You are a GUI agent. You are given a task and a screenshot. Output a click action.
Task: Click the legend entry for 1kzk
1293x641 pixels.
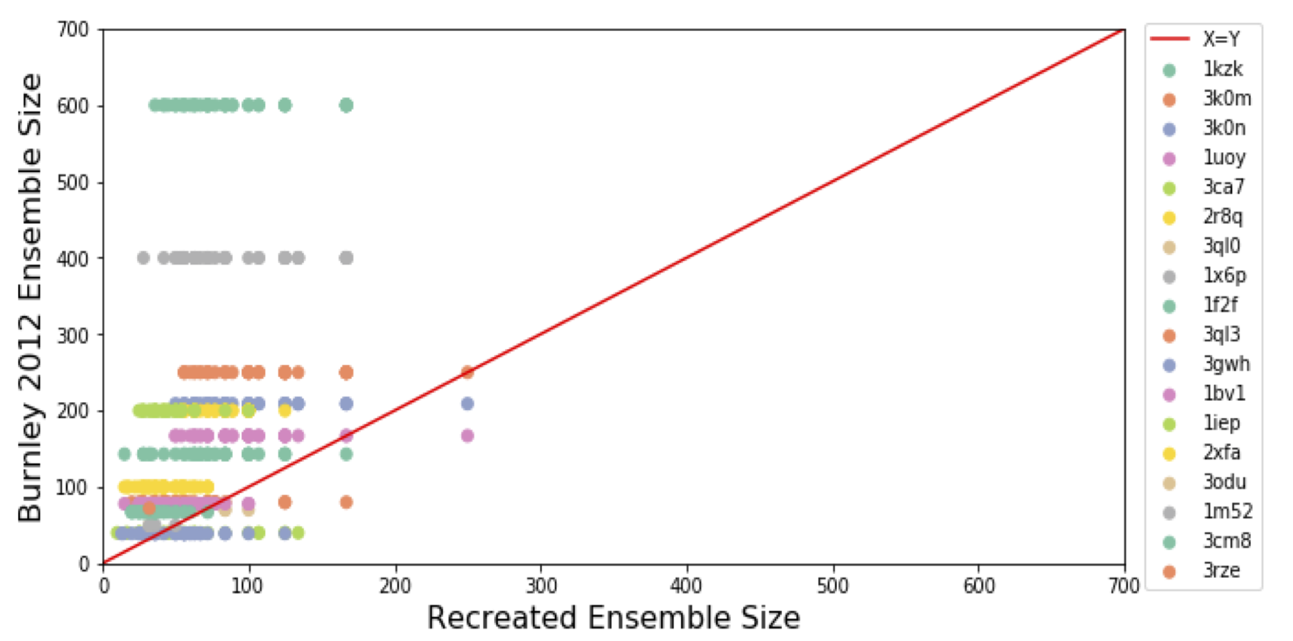1222,69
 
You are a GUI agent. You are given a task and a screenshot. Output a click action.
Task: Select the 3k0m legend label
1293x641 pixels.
1227,98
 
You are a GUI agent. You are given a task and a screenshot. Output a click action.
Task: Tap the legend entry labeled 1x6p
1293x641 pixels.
1224,275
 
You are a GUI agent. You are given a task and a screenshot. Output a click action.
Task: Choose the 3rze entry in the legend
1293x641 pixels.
1221,570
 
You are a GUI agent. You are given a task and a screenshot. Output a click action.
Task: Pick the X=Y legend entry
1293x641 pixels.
1220,39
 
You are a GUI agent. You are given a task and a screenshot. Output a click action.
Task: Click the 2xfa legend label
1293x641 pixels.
1221,453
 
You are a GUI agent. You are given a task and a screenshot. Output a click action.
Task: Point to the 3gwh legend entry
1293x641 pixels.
1226,364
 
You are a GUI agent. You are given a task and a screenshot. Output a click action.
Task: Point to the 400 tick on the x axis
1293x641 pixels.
687,585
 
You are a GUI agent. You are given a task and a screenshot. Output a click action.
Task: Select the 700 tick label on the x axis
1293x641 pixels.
1124,585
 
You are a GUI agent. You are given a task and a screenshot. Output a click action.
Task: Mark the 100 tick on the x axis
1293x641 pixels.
247,585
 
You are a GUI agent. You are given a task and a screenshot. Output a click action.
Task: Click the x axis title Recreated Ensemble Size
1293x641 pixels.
613,618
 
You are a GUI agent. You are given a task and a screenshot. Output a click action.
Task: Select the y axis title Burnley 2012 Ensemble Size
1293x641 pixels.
30,297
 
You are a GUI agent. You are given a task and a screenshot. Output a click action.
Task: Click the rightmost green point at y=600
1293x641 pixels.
346,106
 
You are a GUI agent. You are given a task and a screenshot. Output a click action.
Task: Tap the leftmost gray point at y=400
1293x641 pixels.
143,258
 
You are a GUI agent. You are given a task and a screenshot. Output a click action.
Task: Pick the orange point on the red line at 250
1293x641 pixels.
467,372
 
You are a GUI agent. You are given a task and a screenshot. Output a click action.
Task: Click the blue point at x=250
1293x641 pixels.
467,404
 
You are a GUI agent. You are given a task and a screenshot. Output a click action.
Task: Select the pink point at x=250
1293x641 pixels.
467,436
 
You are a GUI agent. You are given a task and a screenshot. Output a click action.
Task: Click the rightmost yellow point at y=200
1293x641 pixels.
285,411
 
